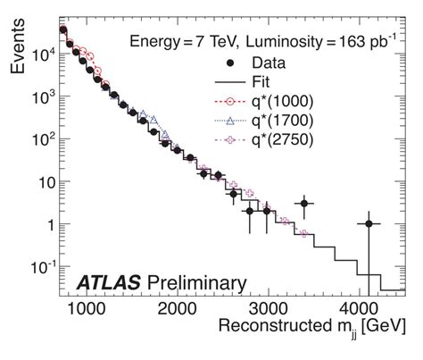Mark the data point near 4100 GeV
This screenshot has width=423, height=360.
(x=369, y=224)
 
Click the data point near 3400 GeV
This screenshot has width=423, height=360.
(x=304, y=204)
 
